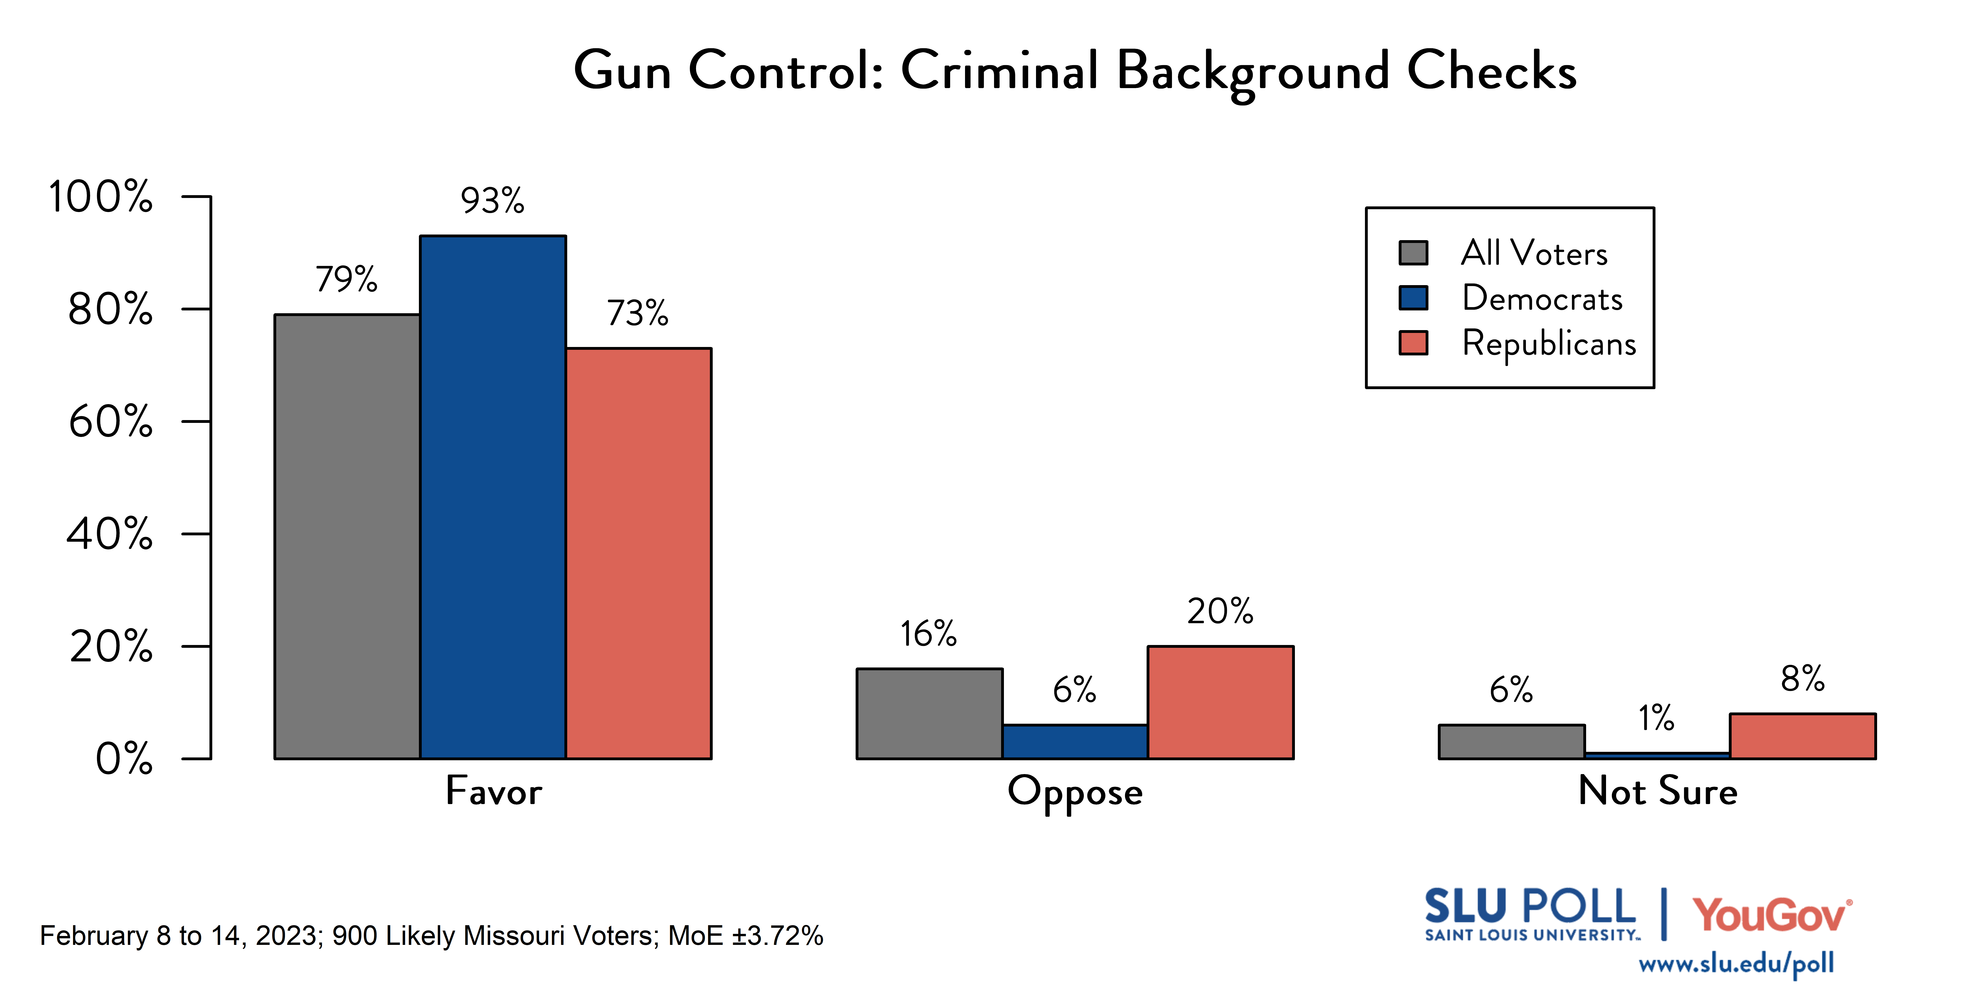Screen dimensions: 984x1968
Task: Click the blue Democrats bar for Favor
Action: tap(493, 497)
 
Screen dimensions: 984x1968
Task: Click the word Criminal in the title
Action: tap(999, 70)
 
